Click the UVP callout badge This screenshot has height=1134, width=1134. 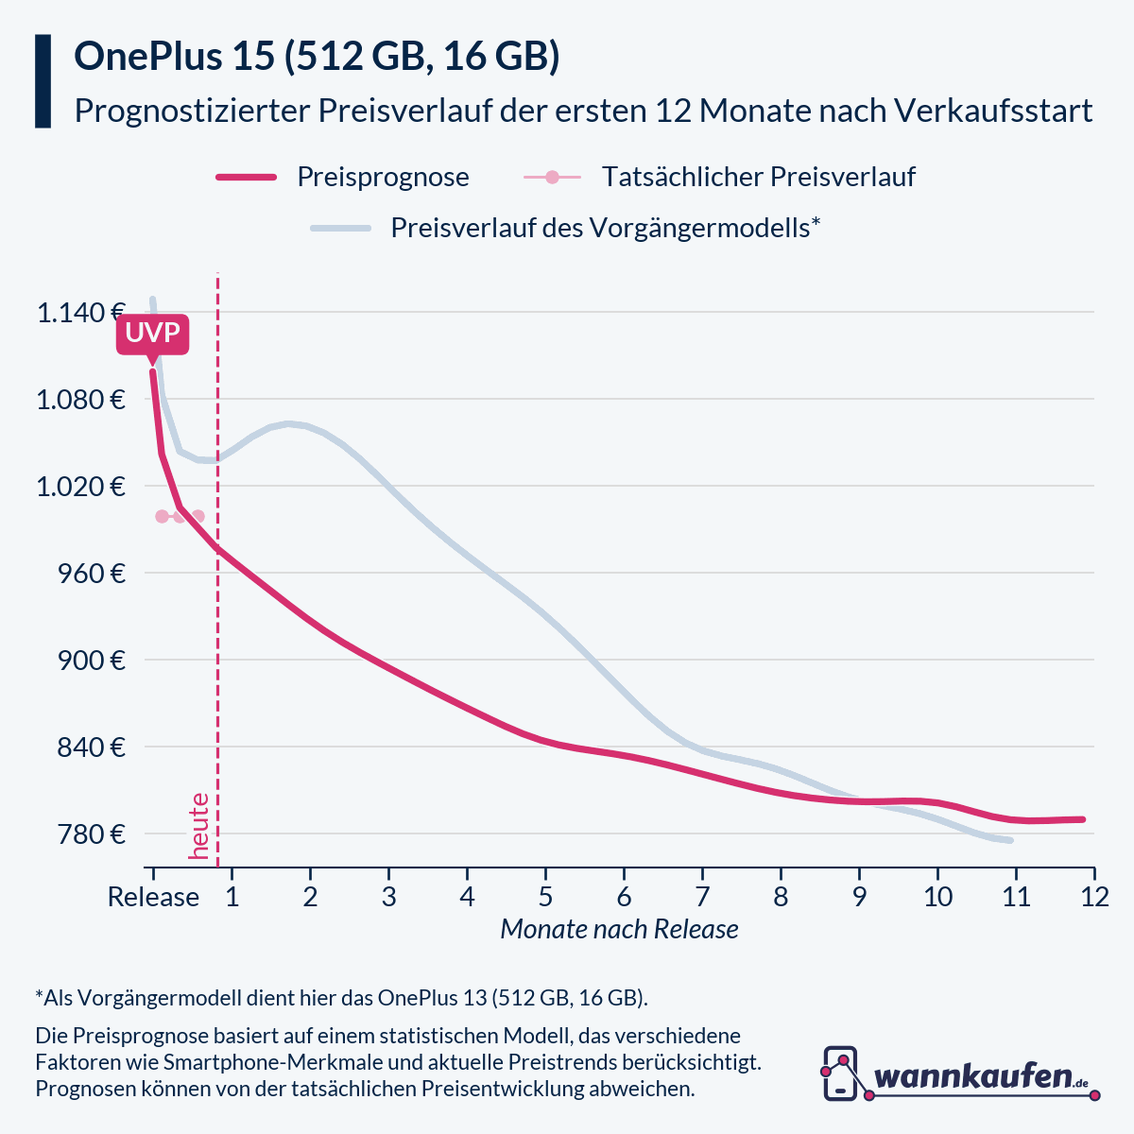(x=152, y=335)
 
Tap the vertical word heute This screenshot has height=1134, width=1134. (x=199, y=826)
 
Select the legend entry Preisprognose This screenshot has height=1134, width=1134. (x=382, y=177)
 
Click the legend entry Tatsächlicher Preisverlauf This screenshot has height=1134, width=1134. (x=758, y=177)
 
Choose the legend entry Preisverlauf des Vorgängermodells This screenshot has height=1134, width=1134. (x=605, y=228)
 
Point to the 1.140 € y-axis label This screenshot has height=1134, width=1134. (x=81, y=312)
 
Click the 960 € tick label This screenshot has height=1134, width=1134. (x=92, y=573)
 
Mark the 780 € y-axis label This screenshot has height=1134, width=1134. (x=92, y=833)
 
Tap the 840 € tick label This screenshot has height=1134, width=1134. (x=92, y=747)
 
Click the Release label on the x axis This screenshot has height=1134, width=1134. (x=153, y=896)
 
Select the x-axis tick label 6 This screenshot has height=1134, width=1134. (x=624, y=896)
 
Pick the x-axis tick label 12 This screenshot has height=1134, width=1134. (x=1094, y=896)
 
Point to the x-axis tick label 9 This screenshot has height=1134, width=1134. (x=859, y=896)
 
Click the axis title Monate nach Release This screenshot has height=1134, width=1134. (x=619, y=929)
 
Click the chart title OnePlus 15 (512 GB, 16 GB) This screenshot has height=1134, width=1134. (x=317, y=57)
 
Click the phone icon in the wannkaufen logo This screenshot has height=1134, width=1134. (x=840, y=1074)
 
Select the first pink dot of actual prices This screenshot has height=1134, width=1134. (x=162, y=516)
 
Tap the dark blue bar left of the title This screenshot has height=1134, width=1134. (x=43, y=81)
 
